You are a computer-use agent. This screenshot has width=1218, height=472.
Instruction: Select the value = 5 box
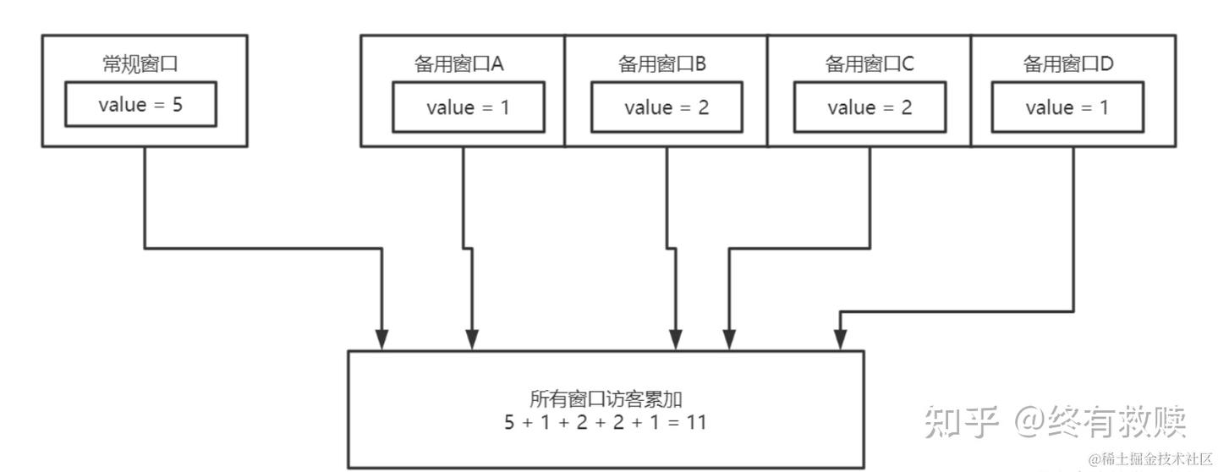140,106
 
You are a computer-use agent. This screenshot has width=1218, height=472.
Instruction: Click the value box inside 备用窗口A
468,108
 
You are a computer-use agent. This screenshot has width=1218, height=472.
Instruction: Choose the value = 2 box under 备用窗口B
667,108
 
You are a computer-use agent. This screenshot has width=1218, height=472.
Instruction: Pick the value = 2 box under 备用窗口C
870,108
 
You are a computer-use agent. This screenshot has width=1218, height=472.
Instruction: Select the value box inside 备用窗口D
1068,108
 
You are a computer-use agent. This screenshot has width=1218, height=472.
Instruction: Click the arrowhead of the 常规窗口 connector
382,340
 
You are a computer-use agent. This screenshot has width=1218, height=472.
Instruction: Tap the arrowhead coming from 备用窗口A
473,340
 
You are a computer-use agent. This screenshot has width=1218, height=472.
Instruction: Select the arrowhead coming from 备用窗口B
676,340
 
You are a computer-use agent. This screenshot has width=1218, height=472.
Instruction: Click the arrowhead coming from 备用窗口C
728,340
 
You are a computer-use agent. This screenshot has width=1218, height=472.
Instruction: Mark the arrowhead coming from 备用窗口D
839,340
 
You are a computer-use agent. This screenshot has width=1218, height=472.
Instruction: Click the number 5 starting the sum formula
510,421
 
